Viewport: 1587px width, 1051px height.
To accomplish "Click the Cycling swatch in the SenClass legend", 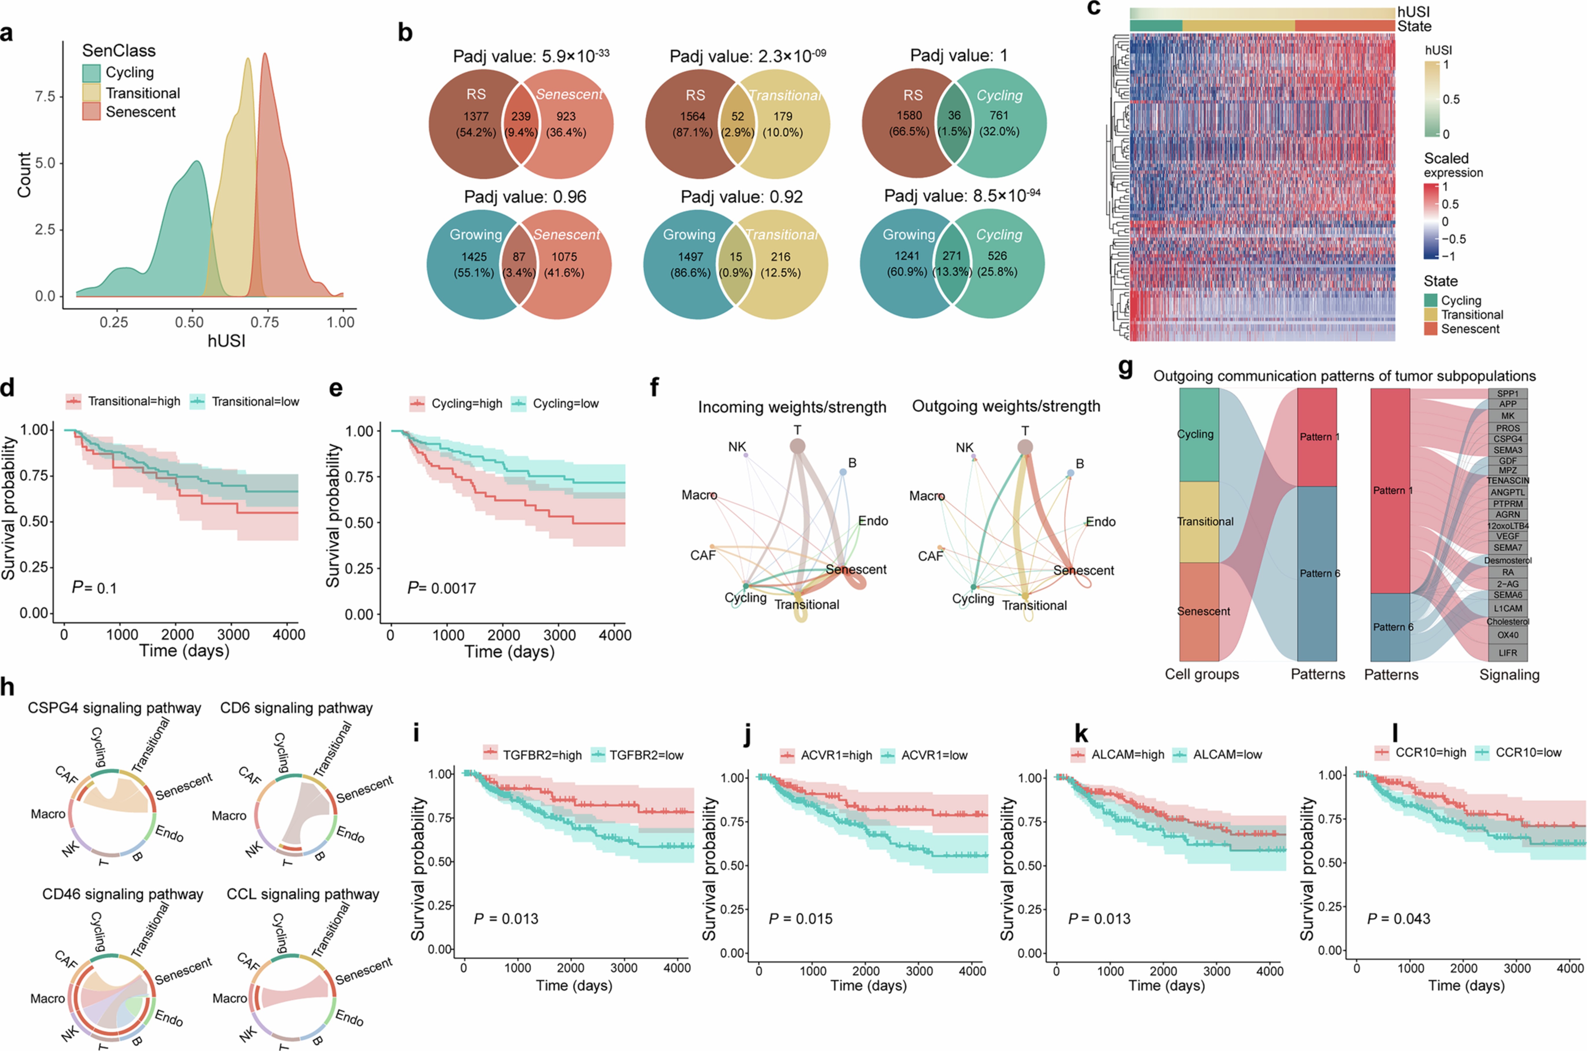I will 91,73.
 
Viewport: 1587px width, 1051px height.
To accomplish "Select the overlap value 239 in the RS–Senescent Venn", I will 521,116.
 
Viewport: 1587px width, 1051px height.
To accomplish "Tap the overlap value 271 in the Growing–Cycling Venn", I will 952,256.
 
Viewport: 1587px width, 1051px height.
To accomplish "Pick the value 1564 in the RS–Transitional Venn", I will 692,116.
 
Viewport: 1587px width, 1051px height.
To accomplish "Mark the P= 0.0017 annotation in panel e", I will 442,589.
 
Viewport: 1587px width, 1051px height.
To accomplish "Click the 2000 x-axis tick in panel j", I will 865,971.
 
